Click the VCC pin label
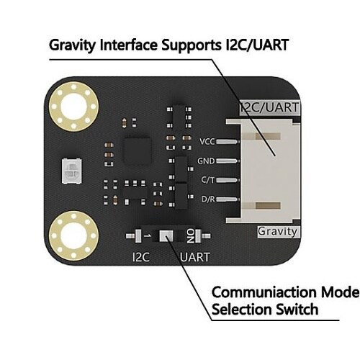click(207, 141)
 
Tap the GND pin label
click(206, 161)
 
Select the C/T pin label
click(208, 180)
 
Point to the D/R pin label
click(208, 199)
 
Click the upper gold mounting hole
click(74, 107)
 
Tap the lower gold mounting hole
click(74, 236)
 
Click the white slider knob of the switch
click(166, 236)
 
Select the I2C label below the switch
click(141, 257)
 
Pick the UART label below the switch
click(195, 257)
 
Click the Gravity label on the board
click(278, 232)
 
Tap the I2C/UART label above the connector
click(270, 107)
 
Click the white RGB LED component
click(72, 171)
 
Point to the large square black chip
click(138, 151)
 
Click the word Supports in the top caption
click(192, 45)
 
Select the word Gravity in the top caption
click(72, 45)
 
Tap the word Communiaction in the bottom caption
click(264, 292)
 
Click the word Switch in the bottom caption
click(297, 309)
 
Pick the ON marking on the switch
click(191, 236)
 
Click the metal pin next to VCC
click(228, 142)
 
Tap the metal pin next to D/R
click(228, 199)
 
